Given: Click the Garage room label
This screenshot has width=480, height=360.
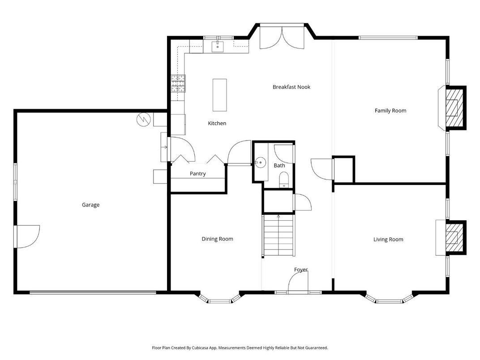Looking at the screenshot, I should pyautogui.click(x=90, y=205).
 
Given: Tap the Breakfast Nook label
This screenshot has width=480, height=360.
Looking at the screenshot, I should pyautogui.click(x=291, y=87).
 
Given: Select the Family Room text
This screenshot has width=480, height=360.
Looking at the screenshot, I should pyautogui.click(x=390, y=111).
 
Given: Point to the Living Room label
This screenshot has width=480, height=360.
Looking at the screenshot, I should pyautogui.click(x=388, y=240).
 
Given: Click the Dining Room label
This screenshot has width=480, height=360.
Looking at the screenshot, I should pyautogui.click(x=217, y=239).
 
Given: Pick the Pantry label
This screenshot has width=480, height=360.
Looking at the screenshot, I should pyautogui.click(x=197, y=174).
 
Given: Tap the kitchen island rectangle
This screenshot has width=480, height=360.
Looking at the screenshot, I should pyautogui.click(x=219, y=95).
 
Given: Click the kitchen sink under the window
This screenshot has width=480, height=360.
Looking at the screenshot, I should pyautogui.click(x=218, y=46).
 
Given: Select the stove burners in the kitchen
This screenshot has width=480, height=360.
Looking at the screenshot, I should pyautogui.click(x=177, y=83).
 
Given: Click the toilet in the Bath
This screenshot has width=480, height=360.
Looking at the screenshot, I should pyautogui.click(x=284, y=181).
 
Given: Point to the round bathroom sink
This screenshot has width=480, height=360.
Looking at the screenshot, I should pyautogui.click(x=261, y=162).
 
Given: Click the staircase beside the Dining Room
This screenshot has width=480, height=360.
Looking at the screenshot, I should pyautogui.click(x=279, y=236).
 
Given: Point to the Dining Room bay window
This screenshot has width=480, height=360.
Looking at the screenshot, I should pyautogui.click(x=219, y=299).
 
